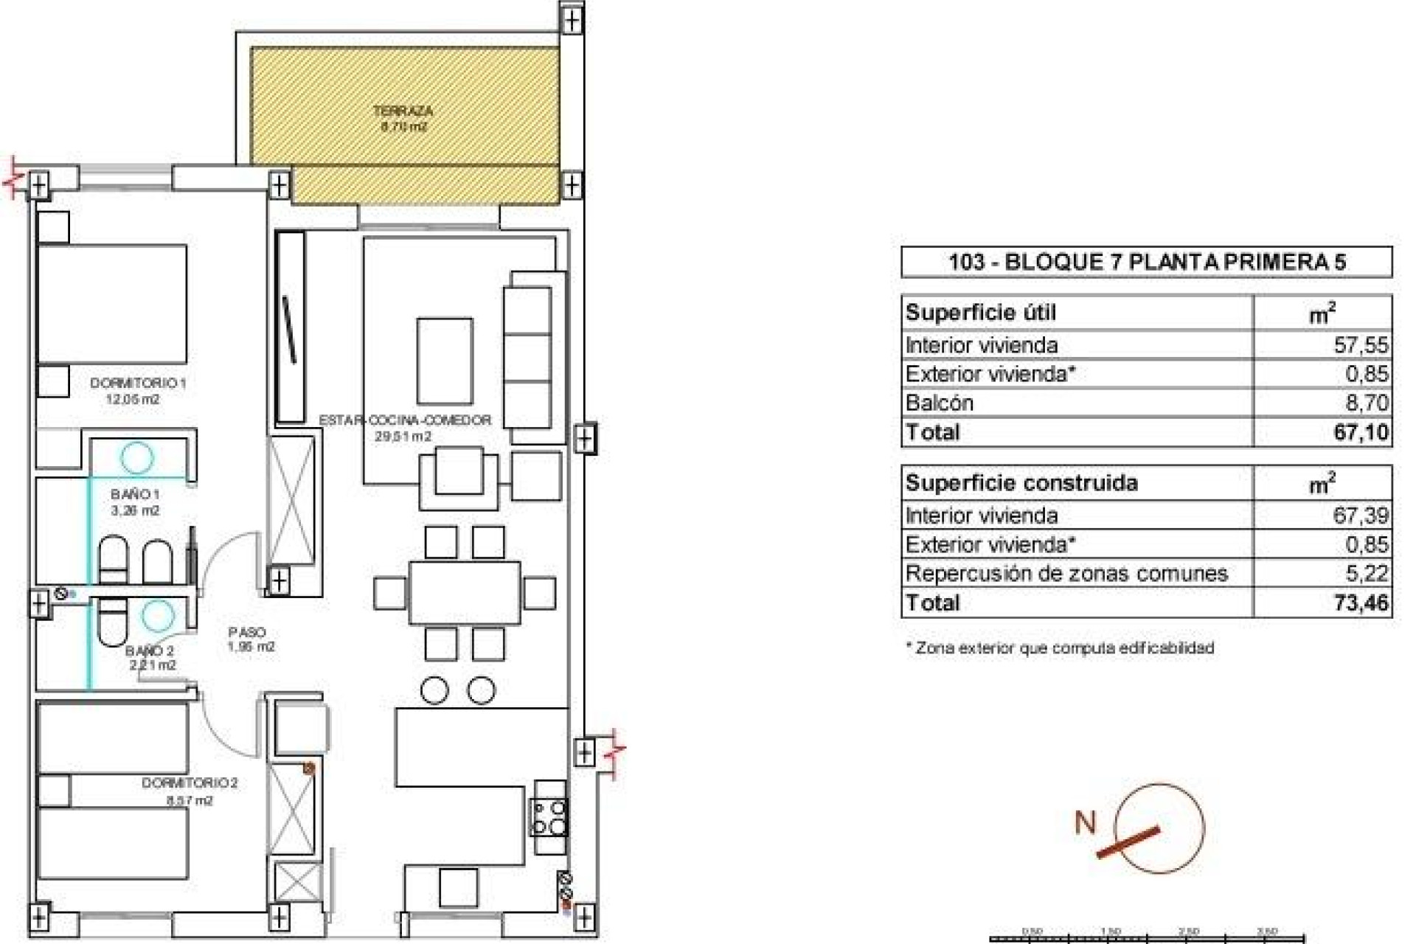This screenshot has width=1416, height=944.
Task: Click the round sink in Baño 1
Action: pos(137,457)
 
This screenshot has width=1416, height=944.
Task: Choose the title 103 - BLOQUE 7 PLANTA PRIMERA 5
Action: pos(1146,262)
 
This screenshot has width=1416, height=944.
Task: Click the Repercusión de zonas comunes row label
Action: pos(1066,573)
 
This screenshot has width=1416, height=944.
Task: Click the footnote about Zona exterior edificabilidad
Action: pos(1060,648)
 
